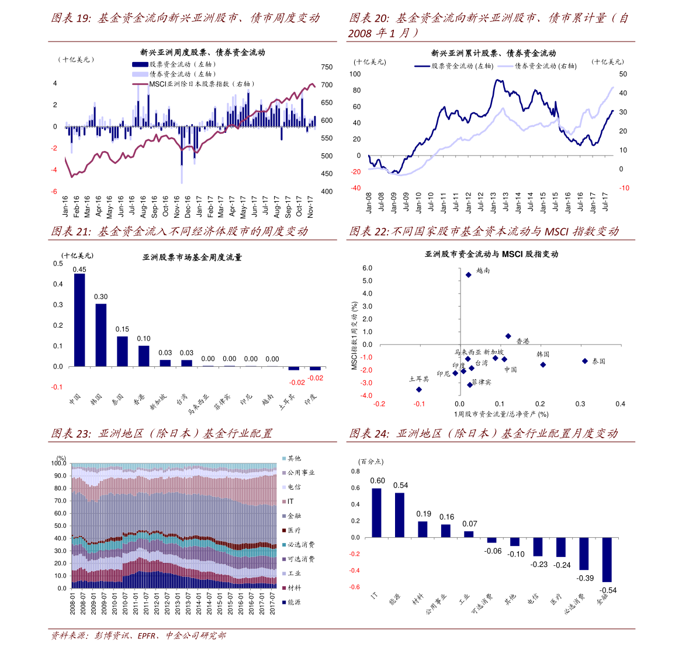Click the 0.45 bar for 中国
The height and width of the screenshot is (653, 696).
(x=79, y=320)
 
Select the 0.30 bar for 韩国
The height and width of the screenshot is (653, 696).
(x=101, y=335)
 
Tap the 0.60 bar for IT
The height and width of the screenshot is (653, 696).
(x=376, y=513)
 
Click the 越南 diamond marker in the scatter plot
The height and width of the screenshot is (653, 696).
(x=468, y=274)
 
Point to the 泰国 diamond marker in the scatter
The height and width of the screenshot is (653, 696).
(x=584, y=361)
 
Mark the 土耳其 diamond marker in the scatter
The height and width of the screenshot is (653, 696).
(x=418, y=389)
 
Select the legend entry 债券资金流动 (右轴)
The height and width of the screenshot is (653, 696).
(x=545, y=66)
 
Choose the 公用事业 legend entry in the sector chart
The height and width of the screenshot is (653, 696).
(x=300, y=473)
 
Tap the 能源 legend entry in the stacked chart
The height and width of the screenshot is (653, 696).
(x=293, y=602)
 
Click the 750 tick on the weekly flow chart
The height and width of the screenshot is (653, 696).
(x=327, y=67)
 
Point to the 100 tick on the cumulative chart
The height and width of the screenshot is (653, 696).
(x=355, y=74)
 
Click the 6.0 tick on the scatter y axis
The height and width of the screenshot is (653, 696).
(x=367, y=268)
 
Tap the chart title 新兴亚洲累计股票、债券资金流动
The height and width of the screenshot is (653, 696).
(x=493, y=53)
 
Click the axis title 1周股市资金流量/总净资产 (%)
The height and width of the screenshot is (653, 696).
(x=501, y=414)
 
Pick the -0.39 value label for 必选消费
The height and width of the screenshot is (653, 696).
(x=586, y=578)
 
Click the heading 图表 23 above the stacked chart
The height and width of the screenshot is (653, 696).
(x=161, y=434)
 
